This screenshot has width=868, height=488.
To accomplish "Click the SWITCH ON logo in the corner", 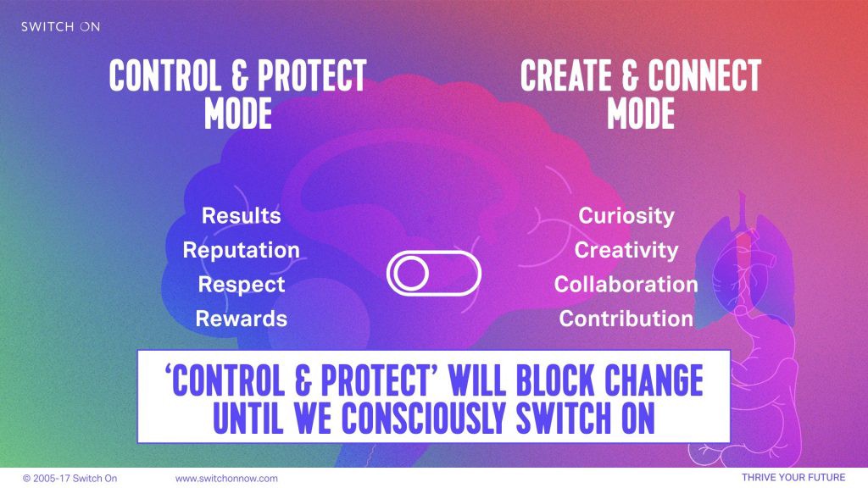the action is pyautogui.click(x=60, y=26).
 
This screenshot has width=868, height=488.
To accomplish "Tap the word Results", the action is pyautogui.click(x=241, y=215).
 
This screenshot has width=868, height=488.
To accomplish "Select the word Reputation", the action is pyautogui.click(x=241, y=250).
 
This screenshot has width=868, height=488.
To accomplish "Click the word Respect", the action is pyautogui.click(x=242, y=285).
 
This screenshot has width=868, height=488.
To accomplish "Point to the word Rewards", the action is pyautogui.click(x=242, y=319).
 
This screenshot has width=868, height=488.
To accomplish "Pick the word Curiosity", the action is pyautogui.click(x=626, y=216).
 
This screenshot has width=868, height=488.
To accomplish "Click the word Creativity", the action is pyautogui.click(x=626, y=250).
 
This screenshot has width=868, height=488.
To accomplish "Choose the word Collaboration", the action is pyautogui.click(x=626, y=285).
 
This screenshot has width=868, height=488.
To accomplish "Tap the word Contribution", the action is pyautogui.click(x=626, y=319).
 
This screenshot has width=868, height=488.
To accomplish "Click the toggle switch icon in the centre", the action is pyautogui.click(x=433, y=274).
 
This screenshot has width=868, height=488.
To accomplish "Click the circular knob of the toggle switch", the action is pyautogui.click(x=410, y=274).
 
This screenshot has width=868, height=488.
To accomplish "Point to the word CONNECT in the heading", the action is pyautogui.click(x=704, y=75).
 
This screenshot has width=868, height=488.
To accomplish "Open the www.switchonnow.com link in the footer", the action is pyautogui.click(x=226, y=479).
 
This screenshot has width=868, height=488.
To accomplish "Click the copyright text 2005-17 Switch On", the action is pyautogui.click(x=70, y=479).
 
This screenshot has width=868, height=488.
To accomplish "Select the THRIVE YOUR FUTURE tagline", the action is pyautogui.click(x=793, y=478).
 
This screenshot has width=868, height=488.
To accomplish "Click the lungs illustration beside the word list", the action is pyautogui.click(x=744, y=260).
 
